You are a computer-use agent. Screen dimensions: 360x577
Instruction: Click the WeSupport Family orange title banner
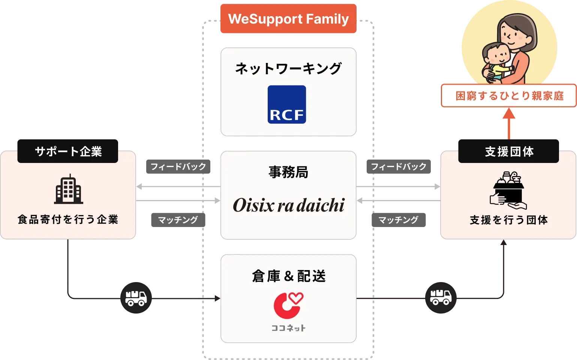coord(288,19)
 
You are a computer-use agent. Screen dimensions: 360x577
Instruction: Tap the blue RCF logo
coord(287,105)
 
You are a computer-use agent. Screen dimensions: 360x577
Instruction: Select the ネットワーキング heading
coord(288,69)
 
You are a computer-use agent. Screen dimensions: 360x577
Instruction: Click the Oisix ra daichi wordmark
coord(288,205)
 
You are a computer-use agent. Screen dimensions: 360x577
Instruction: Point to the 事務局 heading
coord(288,172)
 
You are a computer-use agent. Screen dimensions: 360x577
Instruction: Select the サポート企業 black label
coord(68,151)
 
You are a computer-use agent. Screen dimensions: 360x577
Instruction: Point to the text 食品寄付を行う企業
coord(68,220)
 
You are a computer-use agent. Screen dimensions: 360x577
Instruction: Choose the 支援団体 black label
coord(509,151)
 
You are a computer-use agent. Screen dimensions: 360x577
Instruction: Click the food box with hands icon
coord(508,190)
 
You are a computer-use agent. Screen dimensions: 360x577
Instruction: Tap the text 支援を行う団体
coord(509,220)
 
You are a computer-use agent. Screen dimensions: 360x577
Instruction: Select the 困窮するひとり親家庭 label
coord(509,96)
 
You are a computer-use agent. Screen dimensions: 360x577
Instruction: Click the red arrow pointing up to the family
coord(509,123)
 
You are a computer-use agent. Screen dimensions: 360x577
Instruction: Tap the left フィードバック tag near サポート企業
coord(178,166)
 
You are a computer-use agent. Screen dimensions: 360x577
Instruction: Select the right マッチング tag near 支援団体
coord(398,220)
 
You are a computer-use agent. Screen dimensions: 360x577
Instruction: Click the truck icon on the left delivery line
coord(136,298)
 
